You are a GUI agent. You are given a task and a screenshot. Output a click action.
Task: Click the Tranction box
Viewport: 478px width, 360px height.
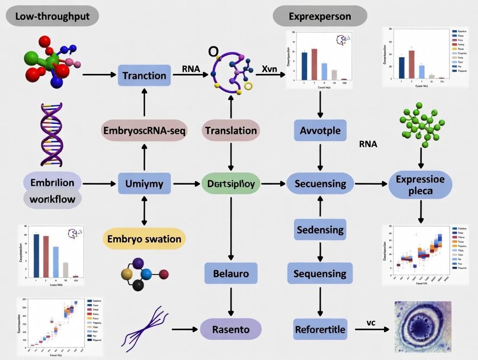pos(144,75)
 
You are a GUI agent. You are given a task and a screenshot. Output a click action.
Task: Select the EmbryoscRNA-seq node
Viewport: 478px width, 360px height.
pos(144,131)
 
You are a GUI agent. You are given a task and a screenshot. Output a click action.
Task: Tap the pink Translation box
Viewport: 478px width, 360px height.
pos(231,130)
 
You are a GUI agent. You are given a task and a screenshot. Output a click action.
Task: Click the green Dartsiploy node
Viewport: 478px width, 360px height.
pos(231,184)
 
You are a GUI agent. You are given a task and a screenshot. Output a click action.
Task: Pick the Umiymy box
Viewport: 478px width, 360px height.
pos(144,184)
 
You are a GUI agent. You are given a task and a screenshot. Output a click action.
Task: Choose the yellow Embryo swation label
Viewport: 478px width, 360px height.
pos(144,239)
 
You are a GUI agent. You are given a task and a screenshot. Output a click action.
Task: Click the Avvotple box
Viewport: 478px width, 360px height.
pos(320,130)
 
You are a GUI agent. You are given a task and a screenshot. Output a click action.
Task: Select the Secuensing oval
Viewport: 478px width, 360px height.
pos(320,184)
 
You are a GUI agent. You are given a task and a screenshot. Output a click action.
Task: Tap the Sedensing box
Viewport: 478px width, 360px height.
pos(320,229)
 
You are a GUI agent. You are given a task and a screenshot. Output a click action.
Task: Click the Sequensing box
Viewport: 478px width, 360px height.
pos(320,273)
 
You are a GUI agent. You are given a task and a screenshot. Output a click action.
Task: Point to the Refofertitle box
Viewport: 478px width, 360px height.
pos(320,330)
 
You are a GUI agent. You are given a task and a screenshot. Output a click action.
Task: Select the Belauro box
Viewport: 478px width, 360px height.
pos(231,273)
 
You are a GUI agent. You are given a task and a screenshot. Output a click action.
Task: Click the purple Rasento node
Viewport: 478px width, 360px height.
pos(231,330)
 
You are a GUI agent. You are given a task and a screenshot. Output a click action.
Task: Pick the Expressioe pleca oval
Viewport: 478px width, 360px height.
pos(420,185)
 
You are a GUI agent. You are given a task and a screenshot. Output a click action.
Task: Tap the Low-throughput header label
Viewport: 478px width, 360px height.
pos(52,16)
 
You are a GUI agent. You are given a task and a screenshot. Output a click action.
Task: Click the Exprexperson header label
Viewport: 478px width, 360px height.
pos(320,17)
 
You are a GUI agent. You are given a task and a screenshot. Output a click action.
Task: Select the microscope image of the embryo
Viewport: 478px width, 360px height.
pos(423,327)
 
